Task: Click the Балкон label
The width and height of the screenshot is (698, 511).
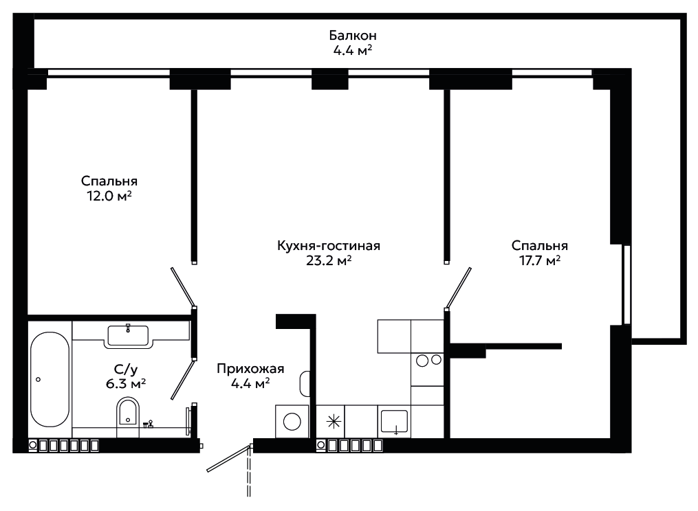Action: coord(353,35)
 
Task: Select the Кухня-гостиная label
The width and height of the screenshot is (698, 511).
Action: coord(329,245)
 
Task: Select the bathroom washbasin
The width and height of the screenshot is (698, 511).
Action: coord(129,335)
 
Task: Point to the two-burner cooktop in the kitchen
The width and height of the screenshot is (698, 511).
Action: coord(427,359)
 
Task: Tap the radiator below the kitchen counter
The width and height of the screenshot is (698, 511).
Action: coord(351,445)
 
